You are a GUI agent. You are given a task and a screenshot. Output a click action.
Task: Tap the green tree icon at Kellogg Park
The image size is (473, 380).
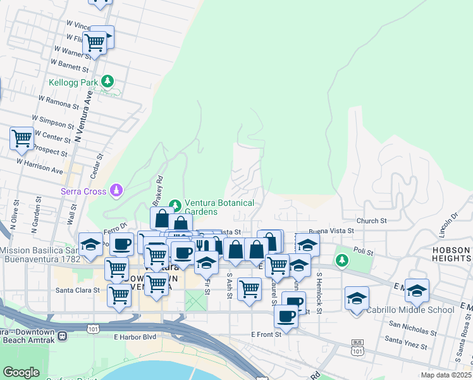pos(108,81)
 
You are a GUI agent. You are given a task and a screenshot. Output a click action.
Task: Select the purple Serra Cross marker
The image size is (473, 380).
pos(116,189)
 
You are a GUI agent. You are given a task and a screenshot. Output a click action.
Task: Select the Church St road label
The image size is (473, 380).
pos(371,220)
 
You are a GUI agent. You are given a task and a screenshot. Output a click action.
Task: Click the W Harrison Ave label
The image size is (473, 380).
pos(40,166)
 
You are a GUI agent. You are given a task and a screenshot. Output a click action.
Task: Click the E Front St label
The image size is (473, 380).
pos(266,334)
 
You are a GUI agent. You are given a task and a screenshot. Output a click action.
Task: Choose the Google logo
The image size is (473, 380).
pos(21,372)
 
